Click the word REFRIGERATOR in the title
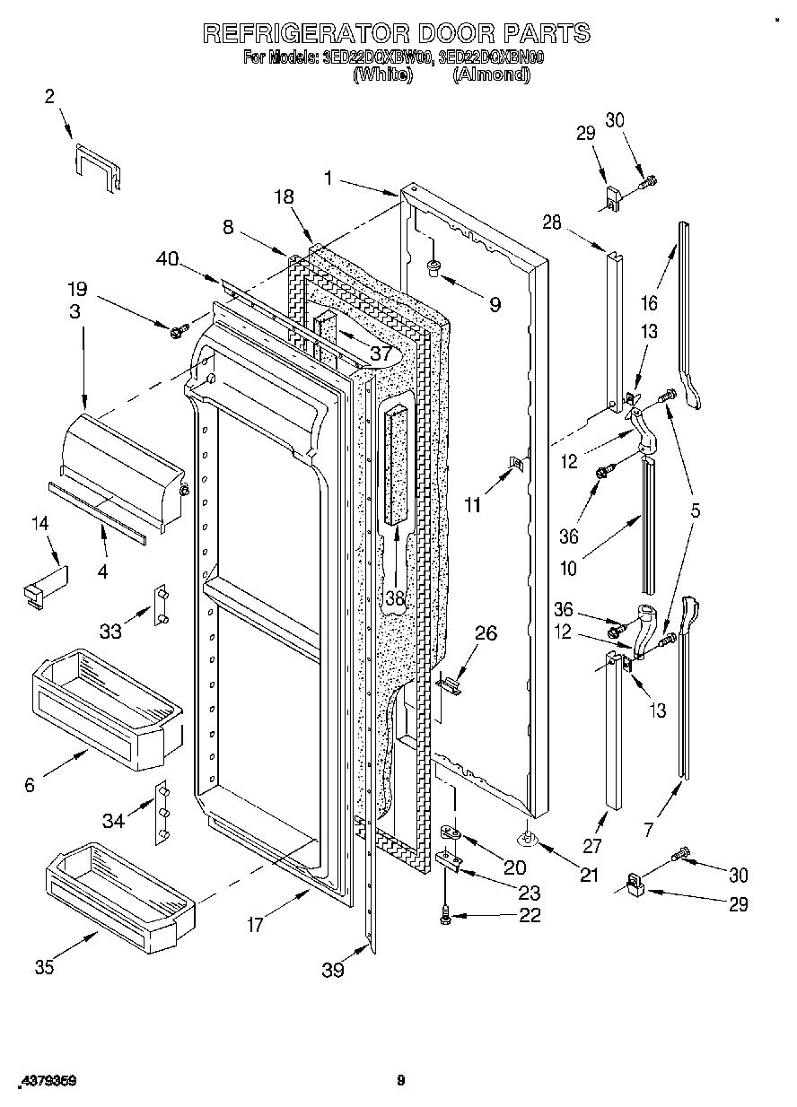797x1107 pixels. click(x=300, y=33)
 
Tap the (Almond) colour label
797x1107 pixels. click(x=491, y=74)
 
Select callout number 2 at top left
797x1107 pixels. click(x=49, y=97)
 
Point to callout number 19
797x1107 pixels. click(x=77, y=289)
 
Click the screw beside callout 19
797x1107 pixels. click(x=177, y=331)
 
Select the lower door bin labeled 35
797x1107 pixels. click(x=117, y=897)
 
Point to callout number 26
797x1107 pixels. click(x=485, y=633)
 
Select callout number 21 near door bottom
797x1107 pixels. click(x=589, y=876)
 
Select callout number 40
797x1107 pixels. click(x=166, y=258)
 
